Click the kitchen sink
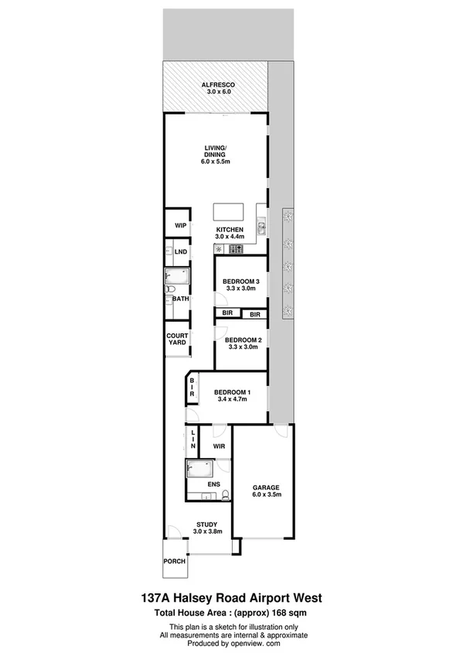[x=262, y=227]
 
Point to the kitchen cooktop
[x=237, y=249]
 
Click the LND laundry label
[x=181, y=251]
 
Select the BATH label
[x=180, y=298]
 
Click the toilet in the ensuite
[x=223, y=494]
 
